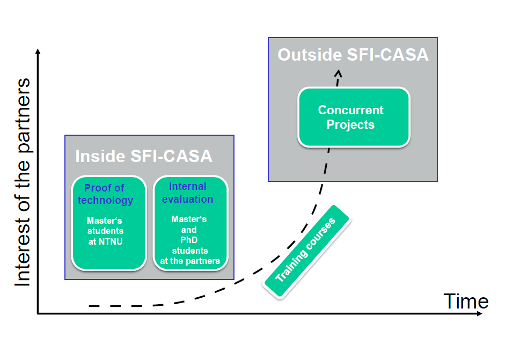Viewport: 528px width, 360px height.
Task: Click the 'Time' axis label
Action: tap(466, 302)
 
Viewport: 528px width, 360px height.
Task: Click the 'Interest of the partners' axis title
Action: tap(23, 182)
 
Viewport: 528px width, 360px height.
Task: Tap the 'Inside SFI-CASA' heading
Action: tap(143, 156)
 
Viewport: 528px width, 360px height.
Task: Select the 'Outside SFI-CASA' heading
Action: tap(353, 55)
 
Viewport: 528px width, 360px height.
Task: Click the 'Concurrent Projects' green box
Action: tap(354, 117)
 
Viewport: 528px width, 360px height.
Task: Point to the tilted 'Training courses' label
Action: tap(305, 251)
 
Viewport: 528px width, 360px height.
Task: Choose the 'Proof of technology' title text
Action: tap(105, 194)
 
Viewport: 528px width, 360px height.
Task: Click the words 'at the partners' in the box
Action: tap(190, 261)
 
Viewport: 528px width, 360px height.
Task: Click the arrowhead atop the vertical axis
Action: tap(38, 51)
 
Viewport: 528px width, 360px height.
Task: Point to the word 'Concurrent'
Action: tap(351, 110)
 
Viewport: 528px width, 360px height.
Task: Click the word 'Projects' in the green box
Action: tap(351, 125)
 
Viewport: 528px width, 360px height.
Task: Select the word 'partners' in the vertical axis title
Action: tap(23, 110)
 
